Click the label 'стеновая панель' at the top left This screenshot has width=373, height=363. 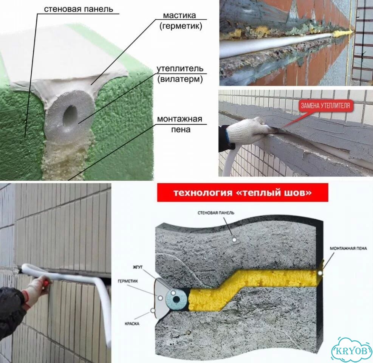pyautogui.click(x=79, y=9)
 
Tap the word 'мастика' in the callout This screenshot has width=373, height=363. pyautogui.click(x=180, y=16)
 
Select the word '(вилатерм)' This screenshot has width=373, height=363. pyautogui.click(x=180, y=79)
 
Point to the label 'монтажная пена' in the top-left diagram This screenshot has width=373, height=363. pyautogui.click(x=180, y=124)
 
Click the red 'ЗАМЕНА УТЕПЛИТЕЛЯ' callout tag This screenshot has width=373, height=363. pyautogui.click(x=325, y=105)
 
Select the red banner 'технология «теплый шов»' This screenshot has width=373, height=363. pyautogui.click(x=242, y=192)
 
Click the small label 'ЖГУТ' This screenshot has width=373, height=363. pyautogui.click(x=138, y=267)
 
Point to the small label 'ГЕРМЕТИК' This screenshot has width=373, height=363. pyautogui.click(x=128, y=281)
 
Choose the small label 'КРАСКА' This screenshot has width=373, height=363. pyautogui.click(x=132, y=324)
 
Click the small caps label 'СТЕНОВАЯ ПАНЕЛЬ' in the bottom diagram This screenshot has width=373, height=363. pyautogui.click(x=216, y=213)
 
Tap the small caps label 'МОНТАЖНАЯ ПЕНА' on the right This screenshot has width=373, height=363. pyautogui.click(x=348, y=248)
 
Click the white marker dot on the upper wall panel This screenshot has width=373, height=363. pyautogui.click(x=234, y=240)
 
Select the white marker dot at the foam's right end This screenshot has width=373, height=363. pyautogui.click(x=321, y=273)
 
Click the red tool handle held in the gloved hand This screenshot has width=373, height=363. pyautogui.click(x=46, y=283)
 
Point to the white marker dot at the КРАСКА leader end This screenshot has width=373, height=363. pyautogui.click(x=153, y=310)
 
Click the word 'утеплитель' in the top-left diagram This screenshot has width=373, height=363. pyautogui.click(x=180, y=68)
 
